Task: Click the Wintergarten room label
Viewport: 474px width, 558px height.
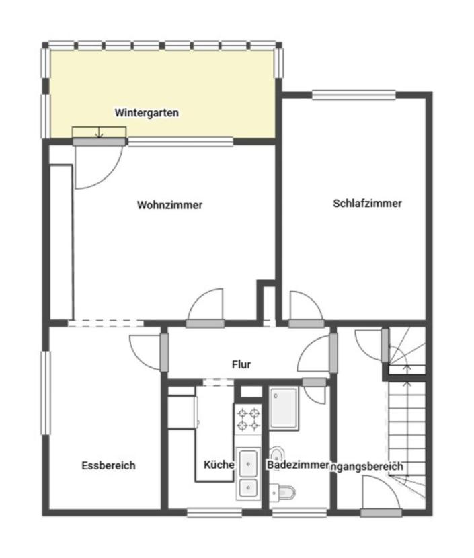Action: (x=147, y=112)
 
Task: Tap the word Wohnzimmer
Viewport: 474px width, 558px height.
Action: (x=169, y=205)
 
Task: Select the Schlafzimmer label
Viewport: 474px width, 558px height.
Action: (x=367, y=203)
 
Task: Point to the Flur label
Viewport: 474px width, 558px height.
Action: (x=241, y=364)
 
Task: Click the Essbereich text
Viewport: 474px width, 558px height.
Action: (x=108, y=465)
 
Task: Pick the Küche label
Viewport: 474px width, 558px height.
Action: (x=219, y=465)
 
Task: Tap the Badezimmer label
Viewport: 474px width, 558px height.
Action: (x=297, y=465)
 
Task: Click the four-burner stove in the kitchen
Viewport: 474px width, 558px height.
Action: (x=248, y=420)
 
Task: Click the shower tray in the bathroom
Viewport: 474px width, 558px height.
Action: (x=284, y=408)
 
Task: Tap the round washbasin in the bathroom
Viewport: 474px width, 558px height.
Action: (x=276, y=454)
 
